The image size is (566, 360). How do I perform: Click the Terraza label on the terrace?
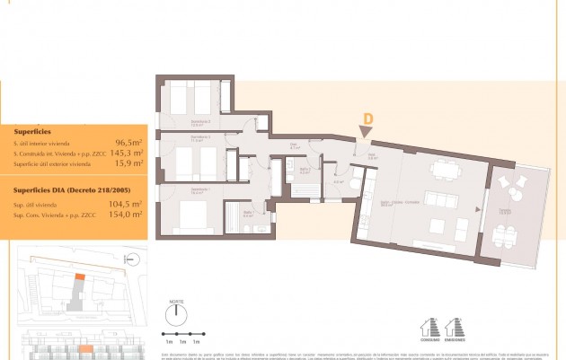point(507,212)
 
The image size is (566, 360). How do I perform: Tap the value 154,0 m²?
point(127,215)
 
